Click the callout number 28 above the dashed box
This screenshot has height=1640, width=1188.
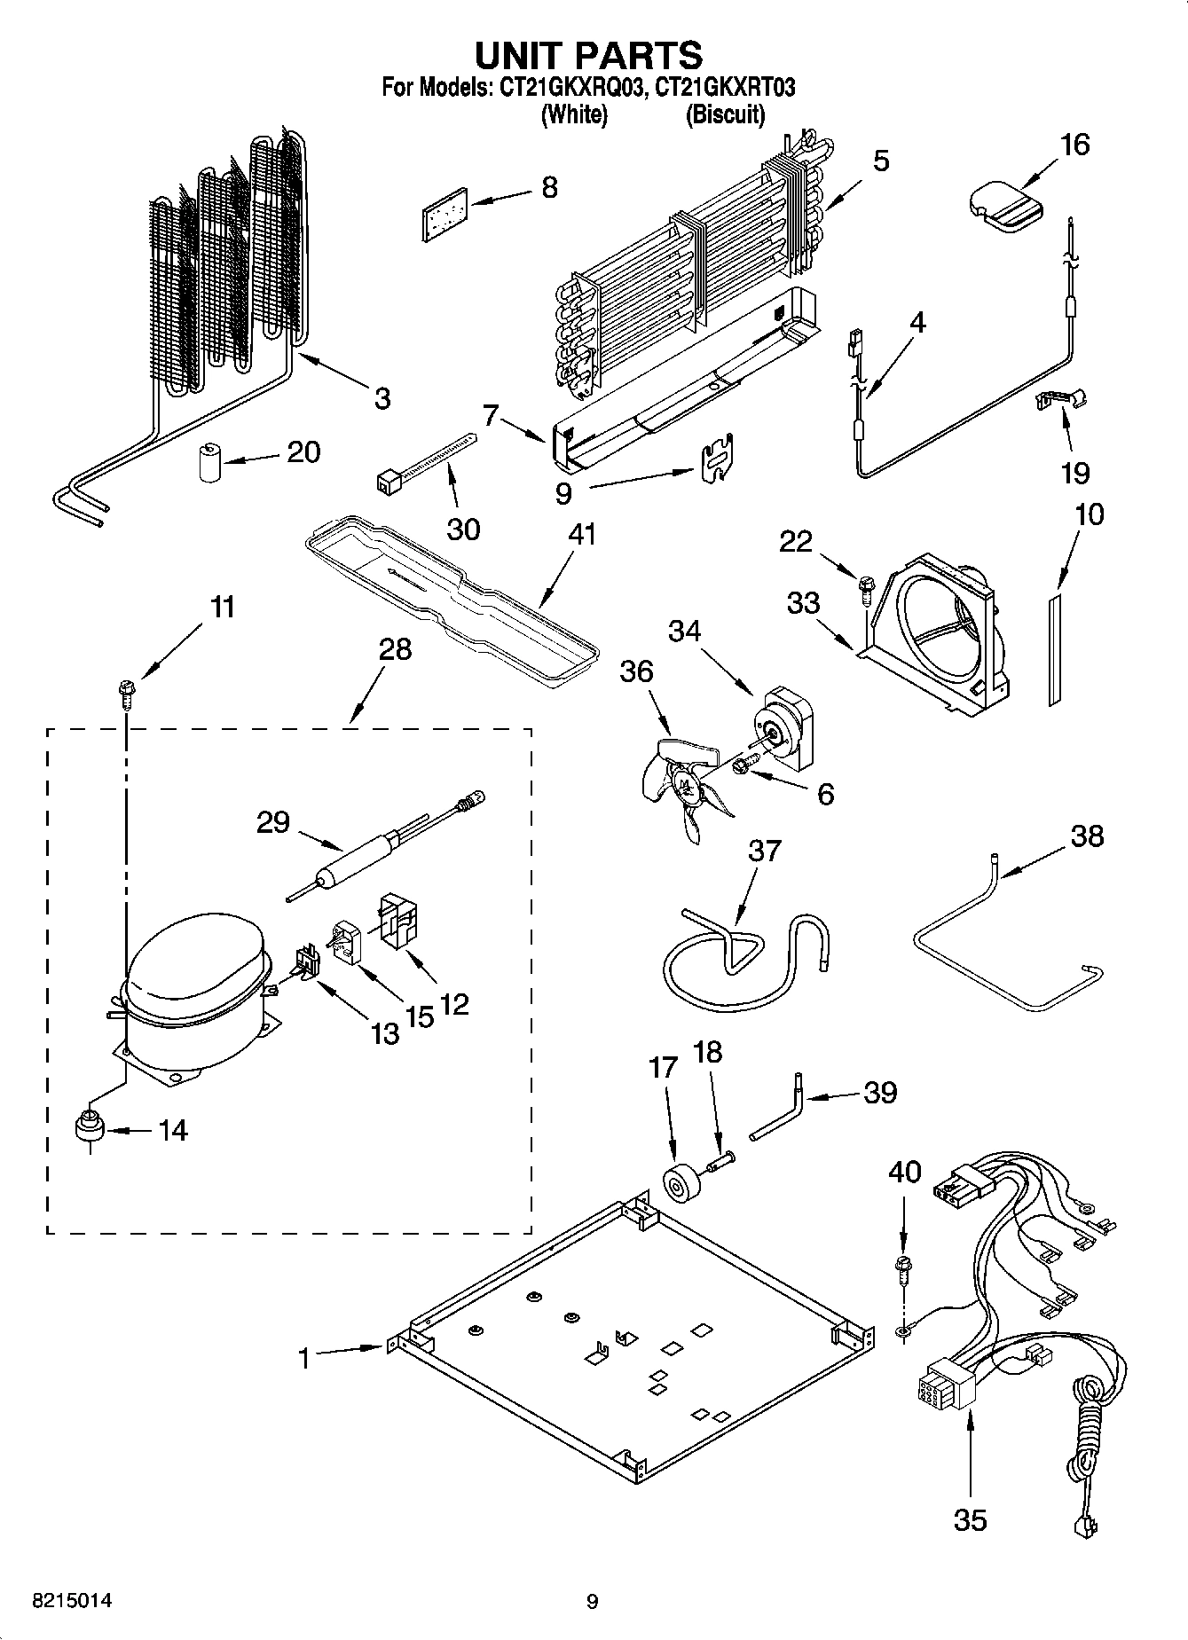pos(395,649)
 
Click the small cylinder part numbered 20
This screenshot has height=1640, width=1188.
pos(209,463)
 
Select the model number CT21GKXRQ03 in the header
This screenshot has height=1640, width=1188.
pos(569,88)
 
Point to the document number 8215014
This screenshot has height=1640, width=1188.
pos(73,1601)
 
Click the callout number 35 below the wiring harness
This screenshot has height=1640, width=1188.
pos(970,1519)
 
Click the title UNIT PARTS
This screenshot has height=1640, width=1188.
pos(589,55)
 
